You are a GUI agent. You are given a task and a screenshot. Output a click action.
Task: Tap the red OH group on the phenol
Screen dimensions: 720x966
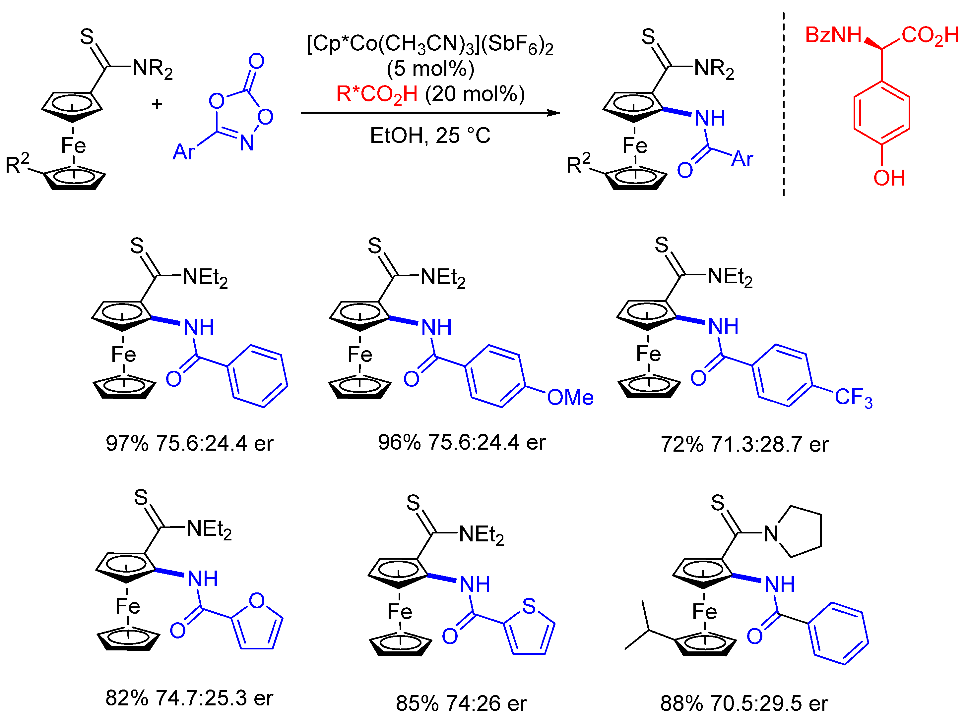tap(889, 178)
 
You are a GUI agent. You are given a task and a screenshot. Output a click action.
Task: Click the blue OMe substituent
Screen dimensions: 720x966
tap(570, 398)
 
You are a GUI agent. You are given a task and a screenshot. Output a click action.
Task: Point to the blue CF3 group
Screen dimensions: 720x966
tap(853, 398)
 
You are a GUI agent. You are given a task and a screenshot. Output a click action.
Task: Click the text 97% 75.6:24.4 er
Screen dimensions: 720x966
tap(189, 444)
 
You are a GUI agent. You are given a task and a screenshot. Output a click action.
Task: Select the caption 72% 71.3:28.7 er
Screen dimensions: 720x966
tap(744, 445)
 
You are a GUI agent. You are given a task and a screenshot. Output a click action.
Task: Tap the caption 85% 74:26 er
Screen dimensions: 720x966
tap(461, 703)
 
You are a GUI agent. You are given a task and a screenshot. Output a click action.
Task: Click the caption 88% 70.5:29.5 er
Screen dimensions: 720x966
tap(744, 703)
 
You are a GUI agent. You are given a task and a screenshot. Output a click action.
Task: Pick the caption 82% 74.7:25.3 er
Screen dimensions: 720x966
tap(189, 698)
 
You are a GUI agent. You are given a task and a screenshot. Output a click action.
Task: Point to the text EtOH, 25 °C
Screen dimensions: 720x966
tap(430, 136)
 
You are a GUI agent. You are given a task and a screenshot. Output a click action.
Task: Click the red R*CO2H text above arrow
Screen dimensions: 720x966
tap(376, 94)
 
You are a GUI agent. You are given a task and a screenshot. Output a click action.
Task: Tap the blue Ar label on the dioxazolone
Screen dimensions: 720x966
tap(183, 152)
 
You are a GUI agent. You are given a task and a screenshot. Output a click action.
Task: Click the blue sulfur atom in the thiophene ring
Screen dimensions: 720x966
tap(529, 606)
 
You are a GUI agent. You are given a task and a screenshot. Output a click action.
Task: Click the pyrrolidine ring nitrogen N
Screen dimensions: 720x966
tap(771, 534)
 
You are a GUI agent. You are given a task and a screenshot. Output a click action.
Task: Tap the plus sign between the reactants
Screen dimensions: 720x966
tap(157, 104)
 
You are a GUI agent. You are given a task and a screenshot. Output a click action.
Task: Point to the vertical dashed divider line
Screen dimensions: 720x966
tap(783, 105)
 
